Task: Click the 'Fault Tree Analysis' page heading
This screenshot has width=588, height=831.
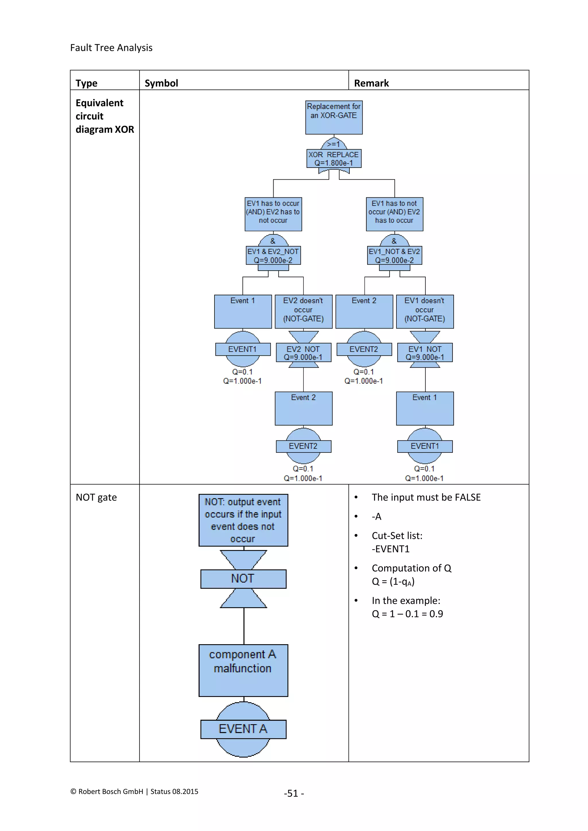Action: pos(111,48)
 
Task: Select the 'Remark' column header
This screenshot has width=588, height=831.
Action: pos(371,83)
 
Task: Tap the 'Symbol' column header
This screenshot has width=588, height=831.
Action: pos(161,83)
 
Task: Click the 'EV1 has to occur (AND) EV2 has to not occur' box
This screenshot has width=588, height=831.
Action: pos(273,214)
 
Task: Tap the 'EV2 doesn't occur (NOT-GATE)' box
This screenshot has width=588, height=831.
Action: pos(303,311)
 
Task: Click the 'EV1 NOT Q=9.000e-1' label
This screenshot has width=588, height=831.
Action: pos(425,353)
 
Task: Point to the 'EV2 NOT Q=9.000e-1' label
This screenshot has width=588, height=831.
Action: pos(303,353)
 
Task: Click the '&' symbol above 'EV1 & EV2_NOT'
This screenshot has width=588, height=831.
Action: pos(273,241)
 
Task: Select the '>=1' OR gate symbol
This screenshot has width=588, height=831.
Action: pos(334,144)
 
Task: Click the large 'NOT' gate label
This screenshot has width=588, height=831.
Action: pos(243,579)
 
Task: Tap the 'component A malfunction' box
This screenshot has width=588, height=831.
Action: pos(243,670)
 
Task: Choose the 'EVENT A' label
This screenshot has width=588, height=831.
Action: pos(243,729)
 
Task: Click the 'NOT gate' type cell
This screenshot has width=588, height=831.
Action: pos(96,497)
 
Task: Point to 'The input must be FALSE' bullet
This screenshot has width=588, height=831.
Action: pos(426,497)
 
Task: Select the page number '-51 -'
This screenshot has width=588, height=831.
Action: pos(294,793)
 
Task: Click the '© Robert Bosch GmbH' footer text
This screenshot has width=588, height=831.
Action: pos(107,792)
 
